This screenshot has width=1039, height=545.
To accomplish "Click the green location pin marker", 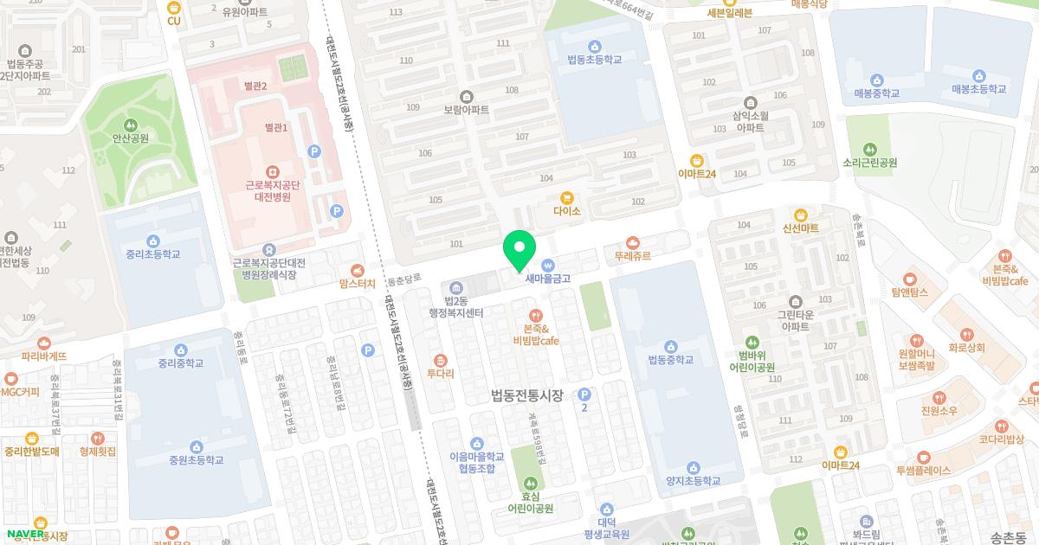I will point(519,249).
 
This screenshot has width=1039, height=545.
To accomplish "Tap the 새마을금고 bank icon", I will point(547,265).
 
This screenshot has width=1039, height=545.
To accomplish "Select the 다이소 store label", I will point(566,210).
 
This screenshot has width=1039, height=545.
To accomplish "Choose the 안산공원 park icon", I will point(130,125).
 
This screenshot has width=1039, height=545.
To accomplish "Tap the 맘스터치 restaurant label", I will point(358,283).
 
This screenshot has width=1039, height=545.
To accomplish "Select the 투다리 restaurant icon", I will point(440,360).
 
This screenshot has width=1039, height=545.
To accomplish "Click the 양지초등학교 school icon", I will point(693,467).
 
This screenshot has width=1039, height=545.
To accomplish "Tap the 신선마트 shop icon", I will point(800,215).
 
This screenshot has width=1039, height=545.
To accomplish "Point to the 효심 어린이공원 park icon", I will point(530,483).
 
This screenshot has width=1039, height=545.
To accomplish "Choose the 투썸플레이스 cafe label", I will point(924,471).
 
